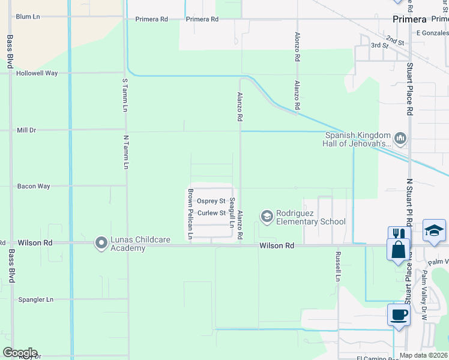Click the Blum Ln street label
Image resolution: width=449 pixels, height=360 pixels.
28,17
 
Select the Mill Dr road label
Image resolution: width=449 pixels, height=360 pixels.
26,130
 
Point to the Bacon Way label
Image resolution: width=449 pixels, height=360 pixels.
34,187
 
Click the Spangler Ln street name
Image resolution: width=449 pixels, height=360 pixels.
36,299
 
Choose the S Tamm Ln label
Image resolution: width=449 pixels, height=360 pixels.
125,95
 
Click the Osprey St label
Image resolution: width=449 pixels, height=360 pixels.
211,201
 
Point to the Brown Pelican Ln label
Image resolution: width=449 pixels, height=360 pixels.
190,214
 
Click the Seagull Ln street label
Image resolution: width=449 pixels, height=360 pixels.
232,213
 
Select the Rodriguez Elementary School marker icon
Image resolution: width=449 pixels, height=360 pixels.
266,215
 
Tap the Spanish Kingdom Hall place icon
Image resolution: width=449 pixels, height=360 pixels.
401,139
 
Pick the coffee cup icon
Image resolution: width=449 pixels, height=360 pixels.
399,314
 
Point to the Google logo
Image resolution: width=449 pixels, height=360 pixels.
20,353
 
